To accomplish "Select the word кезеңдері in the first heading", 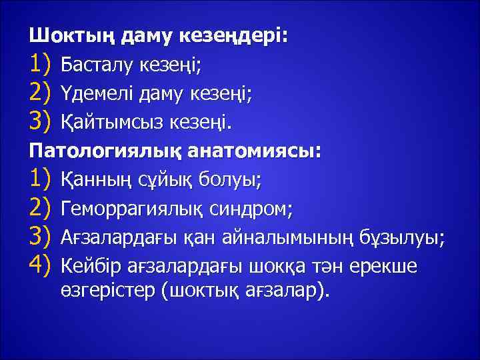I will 235,35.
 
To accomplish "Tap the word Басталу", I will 96,65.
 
